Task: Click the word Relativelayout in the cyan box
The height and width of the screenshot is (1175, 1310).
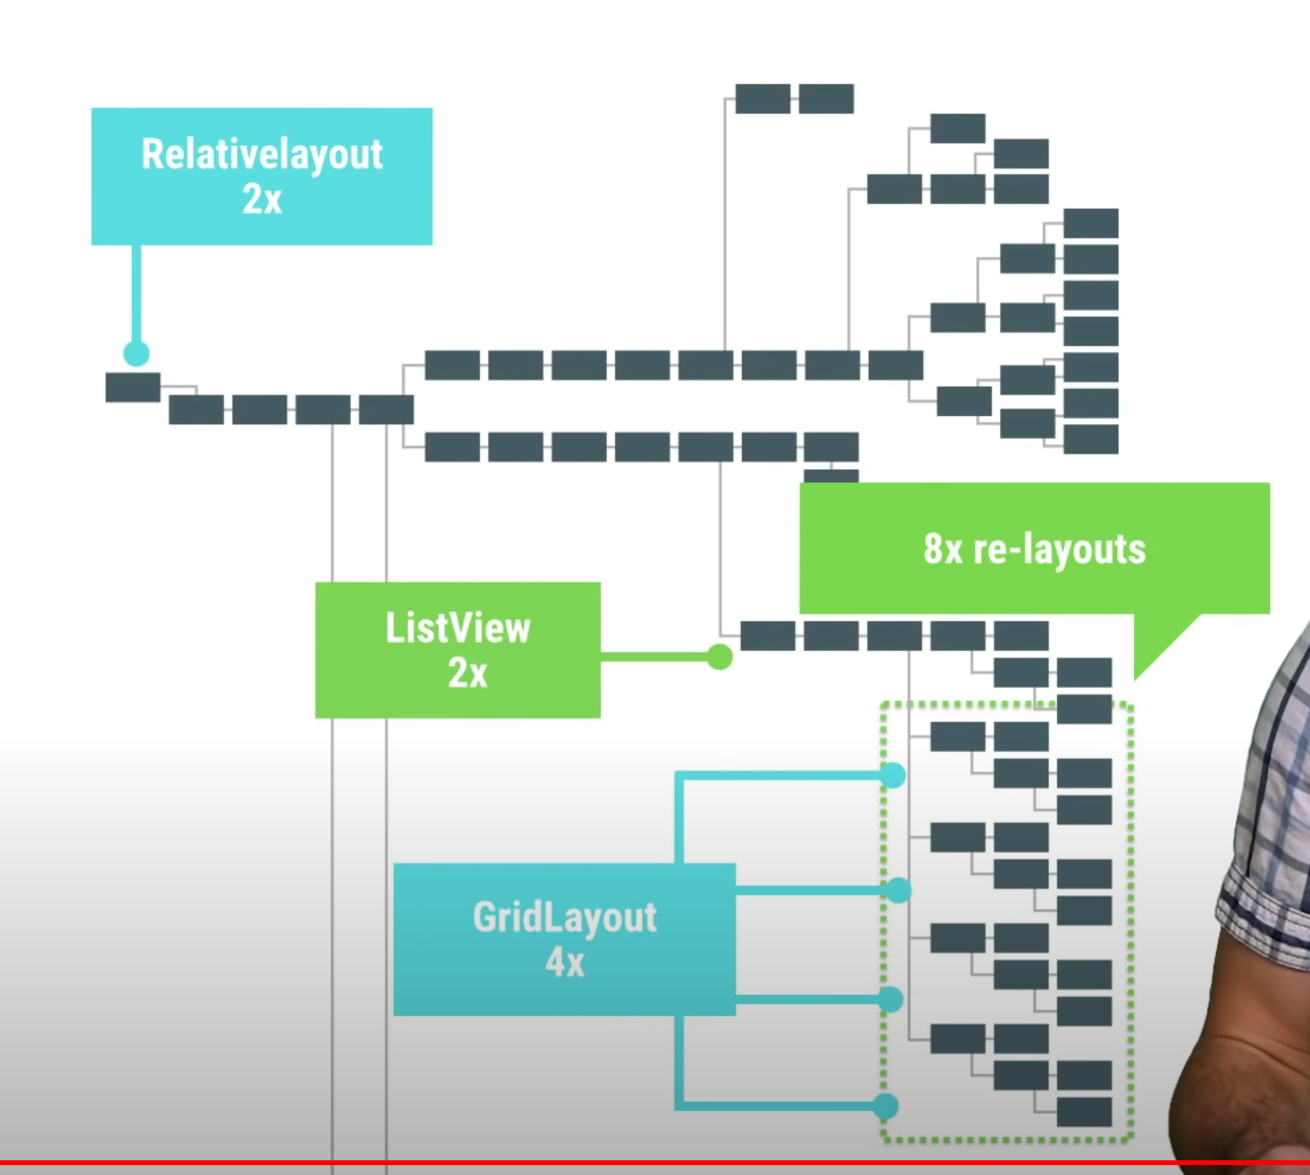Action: [x=262, y=154]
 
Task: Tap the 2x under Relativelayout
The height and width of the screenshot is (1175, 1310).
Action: [x=262, y=199]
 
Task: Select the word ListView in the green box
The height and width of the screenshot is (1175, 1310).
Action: [x=458, y=628]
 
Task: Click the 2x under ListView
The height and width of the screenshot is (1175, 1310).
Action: [x=467, y=673]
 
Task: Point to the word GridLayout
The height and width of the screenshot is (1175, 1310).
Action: [x=565, y=917]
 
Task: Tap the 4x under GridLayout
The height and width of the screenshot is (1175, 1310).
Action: [x=565, y=962]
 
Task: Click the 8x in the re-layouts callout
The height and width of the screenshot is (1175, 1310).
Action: [x=943, y=549]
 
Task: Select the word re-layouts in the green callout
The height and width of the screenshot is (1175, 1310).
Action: [x=1059, y=549]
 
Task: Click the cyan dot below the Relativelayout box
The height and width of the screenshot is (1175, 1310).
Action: [x=137, y=354]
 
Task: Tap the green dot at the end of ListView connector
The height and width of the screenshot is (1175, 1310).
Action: [x=719, y=657]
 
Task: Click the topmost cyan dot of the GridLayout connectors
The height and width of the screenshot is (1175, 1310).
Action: [x=893, y=775]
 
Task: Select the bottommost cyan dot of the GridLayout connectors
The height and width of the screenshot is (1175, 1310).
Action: [x=885, y=1106]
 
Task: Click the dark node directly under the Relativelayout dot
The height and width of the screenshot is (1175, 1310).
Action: [x=133, y=387]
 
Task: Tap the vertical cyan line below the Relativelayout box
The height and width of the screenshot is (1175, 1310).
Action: [x=137, y=295]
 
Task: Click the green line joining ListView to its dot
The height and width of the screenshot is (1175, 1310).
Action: [x=655, y=657]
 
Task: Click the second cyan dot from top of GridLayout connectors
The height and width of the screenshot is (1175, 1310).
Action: [x=898, y=890]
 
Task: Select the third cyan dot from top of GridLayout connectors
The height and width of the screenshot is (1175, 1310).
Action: [x=890, y=999]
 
